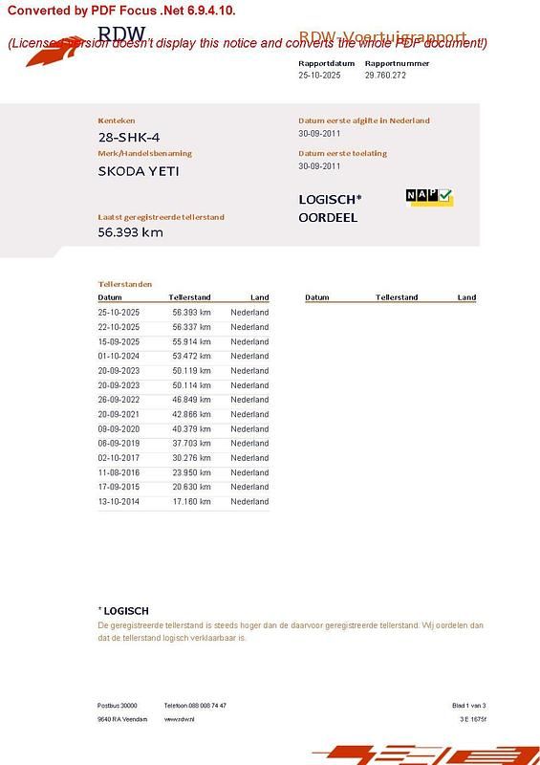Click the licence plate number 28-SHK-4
pyautogui.click(x=129, y=138)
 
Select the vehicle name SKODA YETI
pyautogui.click(x=139, y=172)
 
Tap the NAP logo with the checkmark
pyautogui.click(x=429, y=197)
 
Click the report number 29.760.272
pyautogui.click(x=385, y=75)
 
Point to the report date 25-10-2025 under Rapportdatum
pyautogui.click(x=319, y=75)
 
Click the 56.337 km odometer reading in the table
pyautogui.click(x=191, y=327)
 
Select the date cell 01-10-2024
pyautogui.click(x=119, y=356)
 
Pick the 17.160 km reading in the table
pyautogui.click(x=191, y=501)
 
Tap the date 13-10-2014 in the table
pyautogui.click(x=119, y=501)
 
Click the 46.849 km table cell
pyautogui.click(x=191, y=400)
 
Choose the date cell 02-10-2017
pyautogui.click(x=119, y=458)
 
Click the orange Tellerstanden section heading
pyautogui.click(x=125, y=284)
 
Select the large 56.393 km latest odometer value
pyautogui.click(x=131, y=231)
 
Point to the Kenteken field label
pyautogui.click(x=117, y=120)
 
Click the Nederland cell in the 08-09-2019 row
pyautogui.click(x=249, y=444)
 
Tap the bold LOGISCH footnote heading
pyautogui.click(x=125, y=610)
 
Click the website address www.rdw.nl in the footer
pyautogui.click(x=179, y=719)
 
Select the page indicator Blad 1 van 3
pyautogui.click(x=468, y=706)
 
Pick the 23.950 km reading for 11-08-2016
pyautogui.click(x=191, y=472)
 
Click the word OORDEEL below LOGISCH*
pyautogui.click(x=328, y=218)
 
